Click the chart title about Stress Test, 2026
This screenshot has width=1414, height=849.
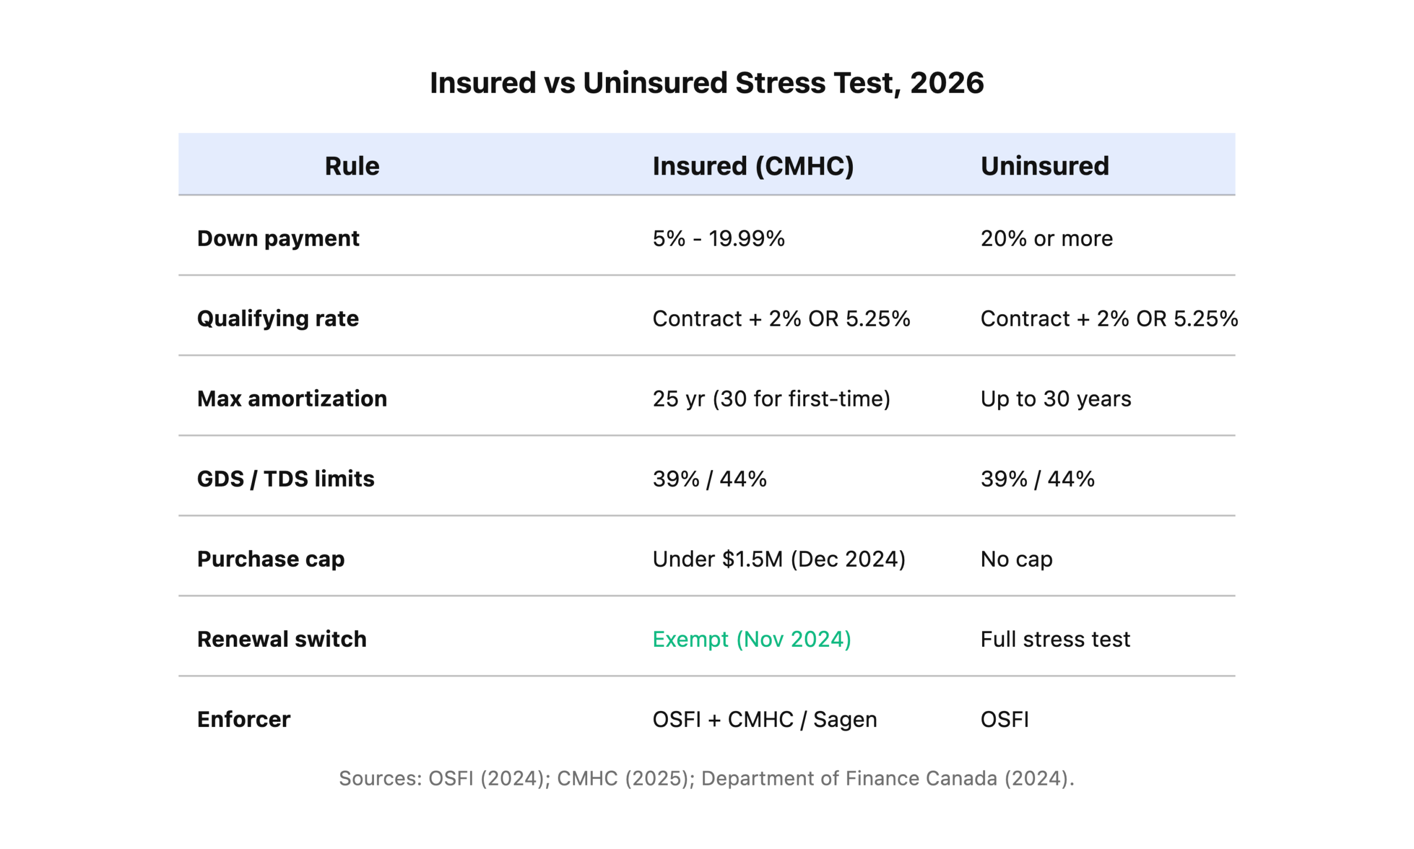706,83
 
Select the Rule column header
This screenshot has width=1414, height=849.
352,166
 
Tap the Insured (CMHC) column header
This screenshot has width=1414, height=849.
753,166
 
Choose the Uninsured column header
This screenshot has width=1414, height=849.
1044,166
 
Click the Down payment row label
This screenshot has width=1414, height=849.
278,239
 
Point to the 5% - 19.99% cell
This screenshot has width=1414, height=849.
719,239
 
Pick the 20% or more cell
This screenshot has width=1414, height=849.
1046,239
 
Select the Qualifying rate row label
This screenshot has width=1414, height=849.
278,319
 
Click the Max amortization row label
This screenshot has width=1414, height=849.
292,399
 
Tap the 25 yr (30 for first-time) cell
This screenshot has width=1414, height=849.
771,399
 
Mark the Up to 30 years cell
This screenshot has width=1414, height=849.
1056,399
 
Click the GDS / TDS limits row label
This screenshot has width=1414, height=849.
286,479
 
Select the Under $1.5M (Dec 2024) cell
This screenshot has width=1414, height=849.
778,559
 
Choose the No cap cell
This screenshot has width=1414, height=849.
1016,559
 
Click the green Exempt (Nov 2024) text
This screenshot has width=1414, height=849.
752,639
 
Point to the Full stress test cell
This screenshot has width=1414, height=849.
1055,639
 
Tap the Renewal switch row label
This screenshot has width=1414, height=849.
282,639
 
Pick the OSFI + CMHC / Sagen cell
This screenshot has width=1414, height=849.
764,719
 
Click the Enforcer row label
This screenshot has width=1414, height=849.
244,719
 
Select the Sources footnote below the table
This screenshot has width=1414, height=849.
706,778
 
